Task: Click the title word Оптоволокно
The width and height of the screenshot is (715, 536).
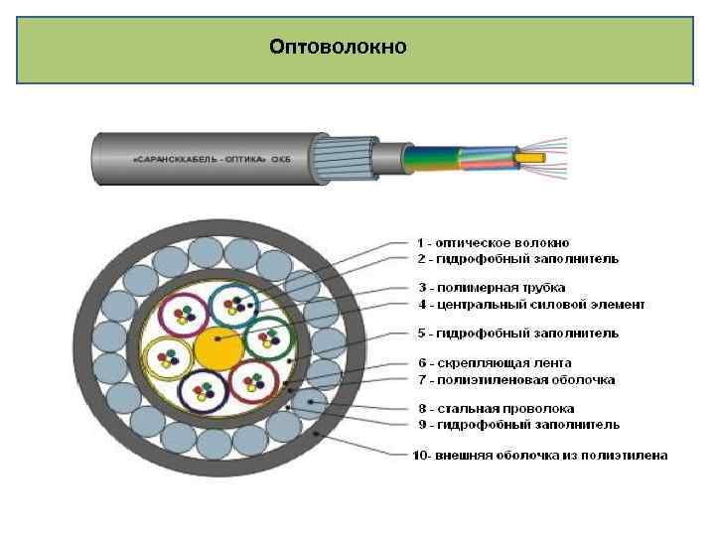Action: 338,47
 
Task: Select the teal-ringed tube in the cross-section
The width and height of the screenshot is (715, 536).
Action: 234,308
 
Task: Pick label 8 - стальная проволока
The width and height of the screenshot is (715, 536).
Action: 496,408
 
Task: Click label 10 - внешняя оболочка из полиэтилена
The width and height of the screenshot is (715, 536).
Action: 540,455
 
